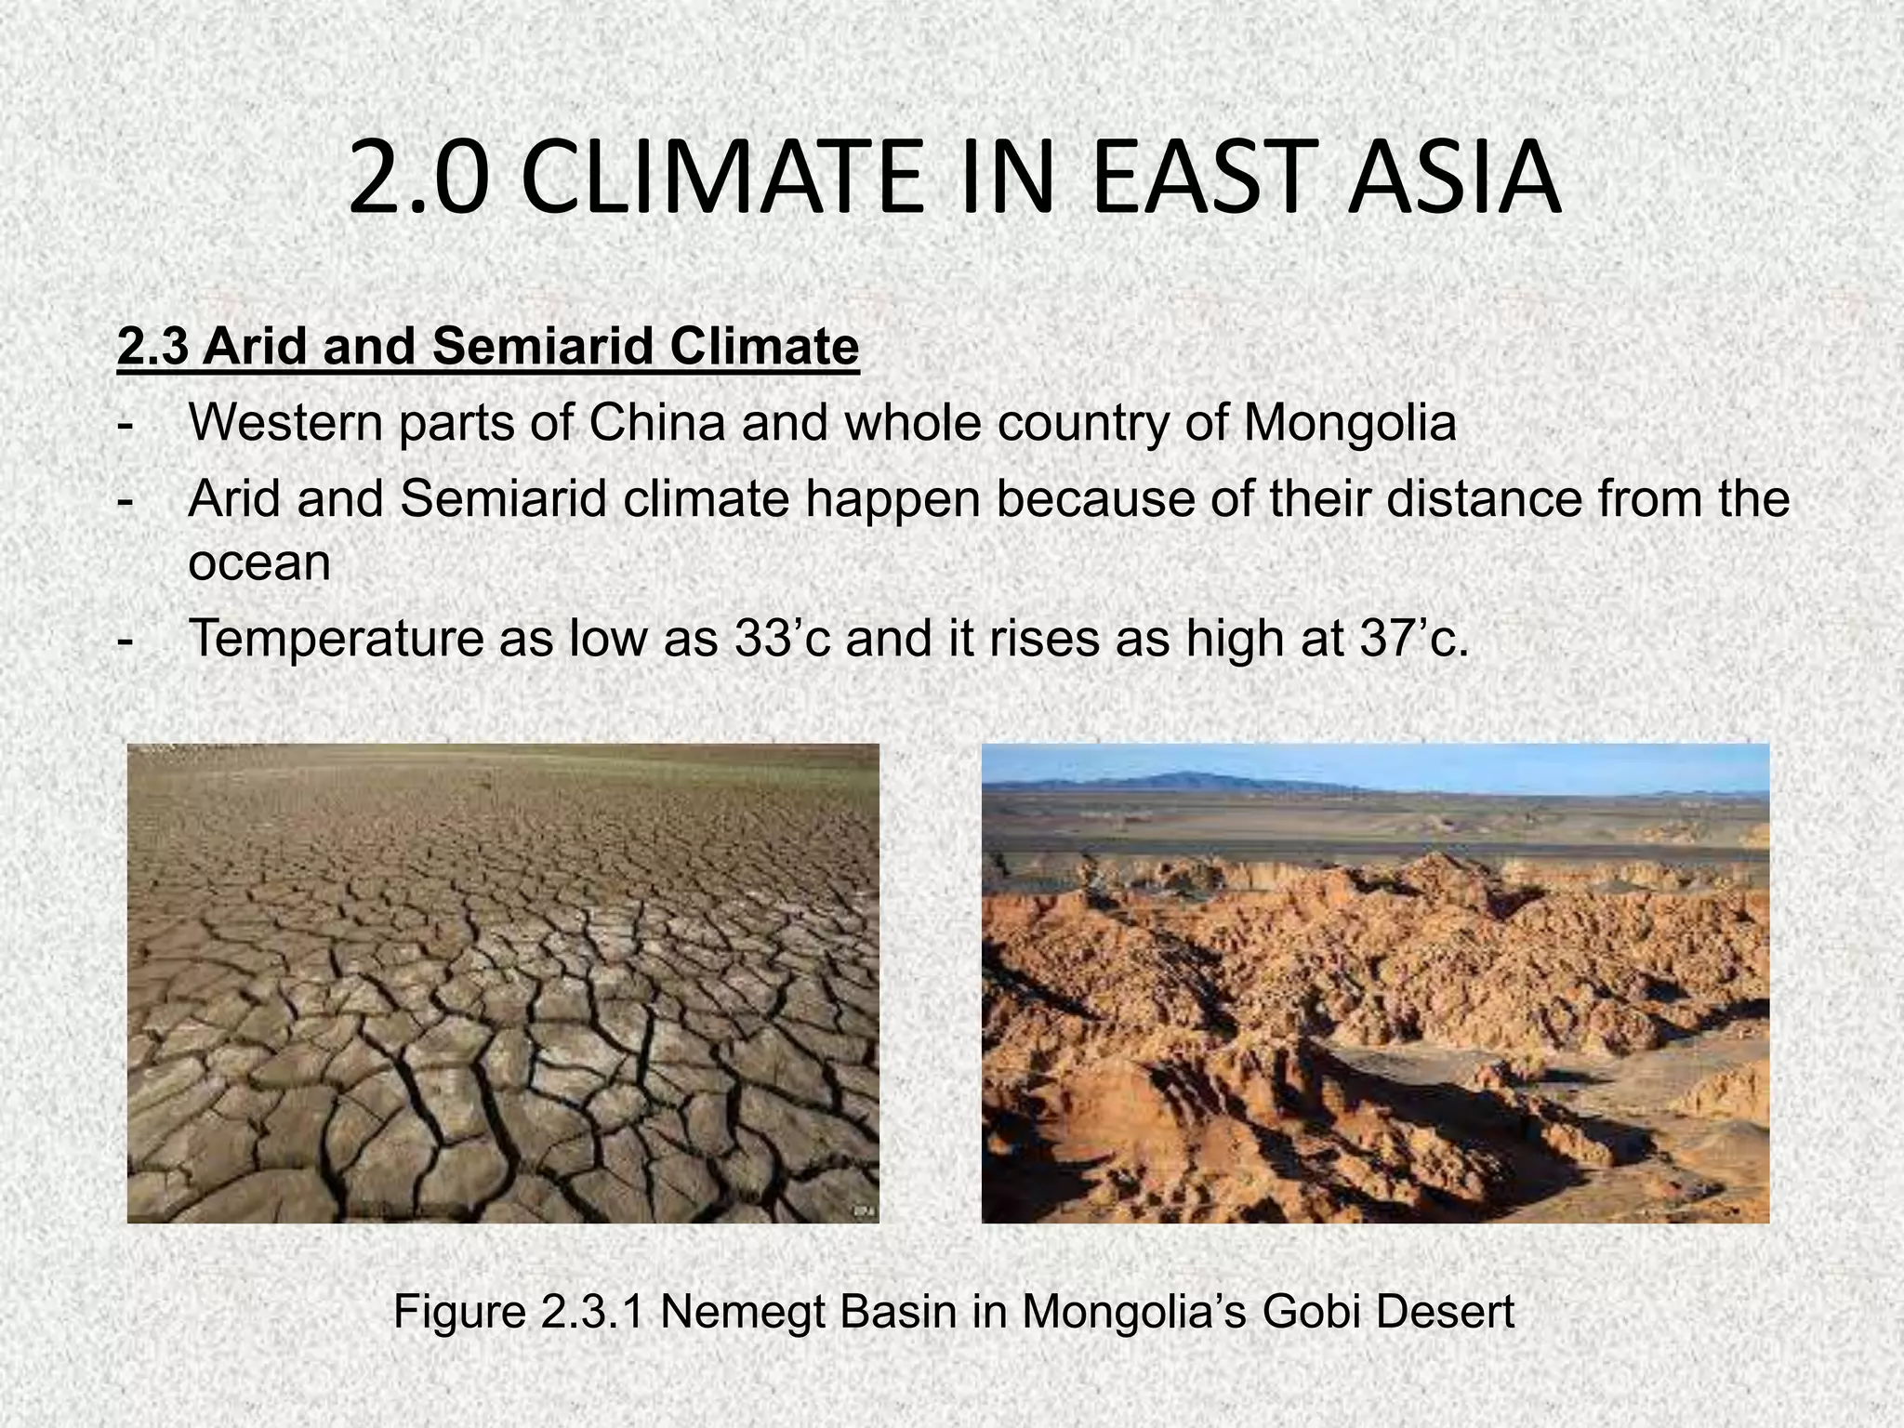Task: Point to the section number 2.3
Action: coord(154,347)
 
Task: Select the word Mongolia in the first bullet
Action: coord(1350,424)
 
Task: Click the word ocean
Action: coord(259,563)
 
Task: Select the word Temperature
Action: coord(336,639)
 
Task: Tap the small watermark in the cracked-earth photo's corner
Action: coord(862,1210)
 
